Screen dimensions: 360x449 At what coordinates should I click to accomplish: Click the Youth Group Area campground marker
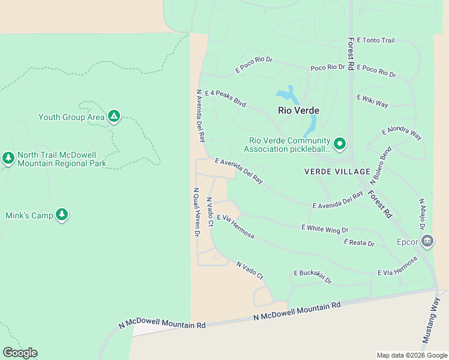coord(113,116)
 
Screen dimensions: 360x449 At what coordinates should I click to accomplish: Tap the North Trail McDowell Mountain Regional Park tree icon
coord(8,158)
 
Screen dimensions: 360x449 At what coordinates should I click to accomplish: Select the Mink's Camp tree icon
coord(62,214)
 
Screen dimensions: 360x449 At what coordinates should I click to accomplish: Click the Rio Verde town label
coord(298,110)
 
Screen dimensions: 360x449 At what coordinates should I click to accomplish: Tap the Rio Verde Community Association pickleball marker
coord(339,143)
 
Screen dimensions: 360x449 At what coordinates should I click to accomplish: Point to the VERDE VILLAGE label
coord(337,172)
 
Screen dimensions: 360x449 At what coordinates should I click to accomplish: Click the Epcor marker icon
coord(427,241)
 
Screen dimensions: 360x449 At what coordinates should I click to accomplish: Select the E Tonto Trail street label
coord(376,40)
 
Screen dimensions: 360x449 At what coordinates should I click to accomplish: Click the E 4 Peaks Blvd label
coord(226,98)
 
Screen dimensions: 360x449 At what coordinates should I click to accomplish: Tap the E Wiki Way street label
coord(372,100)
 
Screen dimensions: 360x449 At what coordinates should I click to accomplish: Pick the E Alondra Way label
coord(402,133)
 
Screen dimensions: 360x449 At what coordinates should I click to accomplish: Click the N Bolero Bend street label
coord(381,164)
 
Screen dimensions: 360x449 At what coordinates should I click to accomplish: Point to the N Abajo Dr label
coord(422,214)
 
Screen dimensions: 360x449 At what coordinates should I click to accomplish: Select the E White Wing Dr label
coord(325,228)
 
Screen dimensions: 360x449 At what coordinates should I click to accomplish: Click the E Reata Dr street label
coord(359,243)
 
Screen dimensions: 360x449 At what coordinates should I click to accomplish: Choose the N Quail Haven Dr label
coord(196,212)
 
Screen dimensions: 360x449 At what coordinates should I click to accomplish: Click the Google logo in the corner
coord(20,353)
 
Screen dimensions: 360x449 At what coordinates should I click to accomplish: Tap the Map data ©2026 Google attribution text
coord(411,355)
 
